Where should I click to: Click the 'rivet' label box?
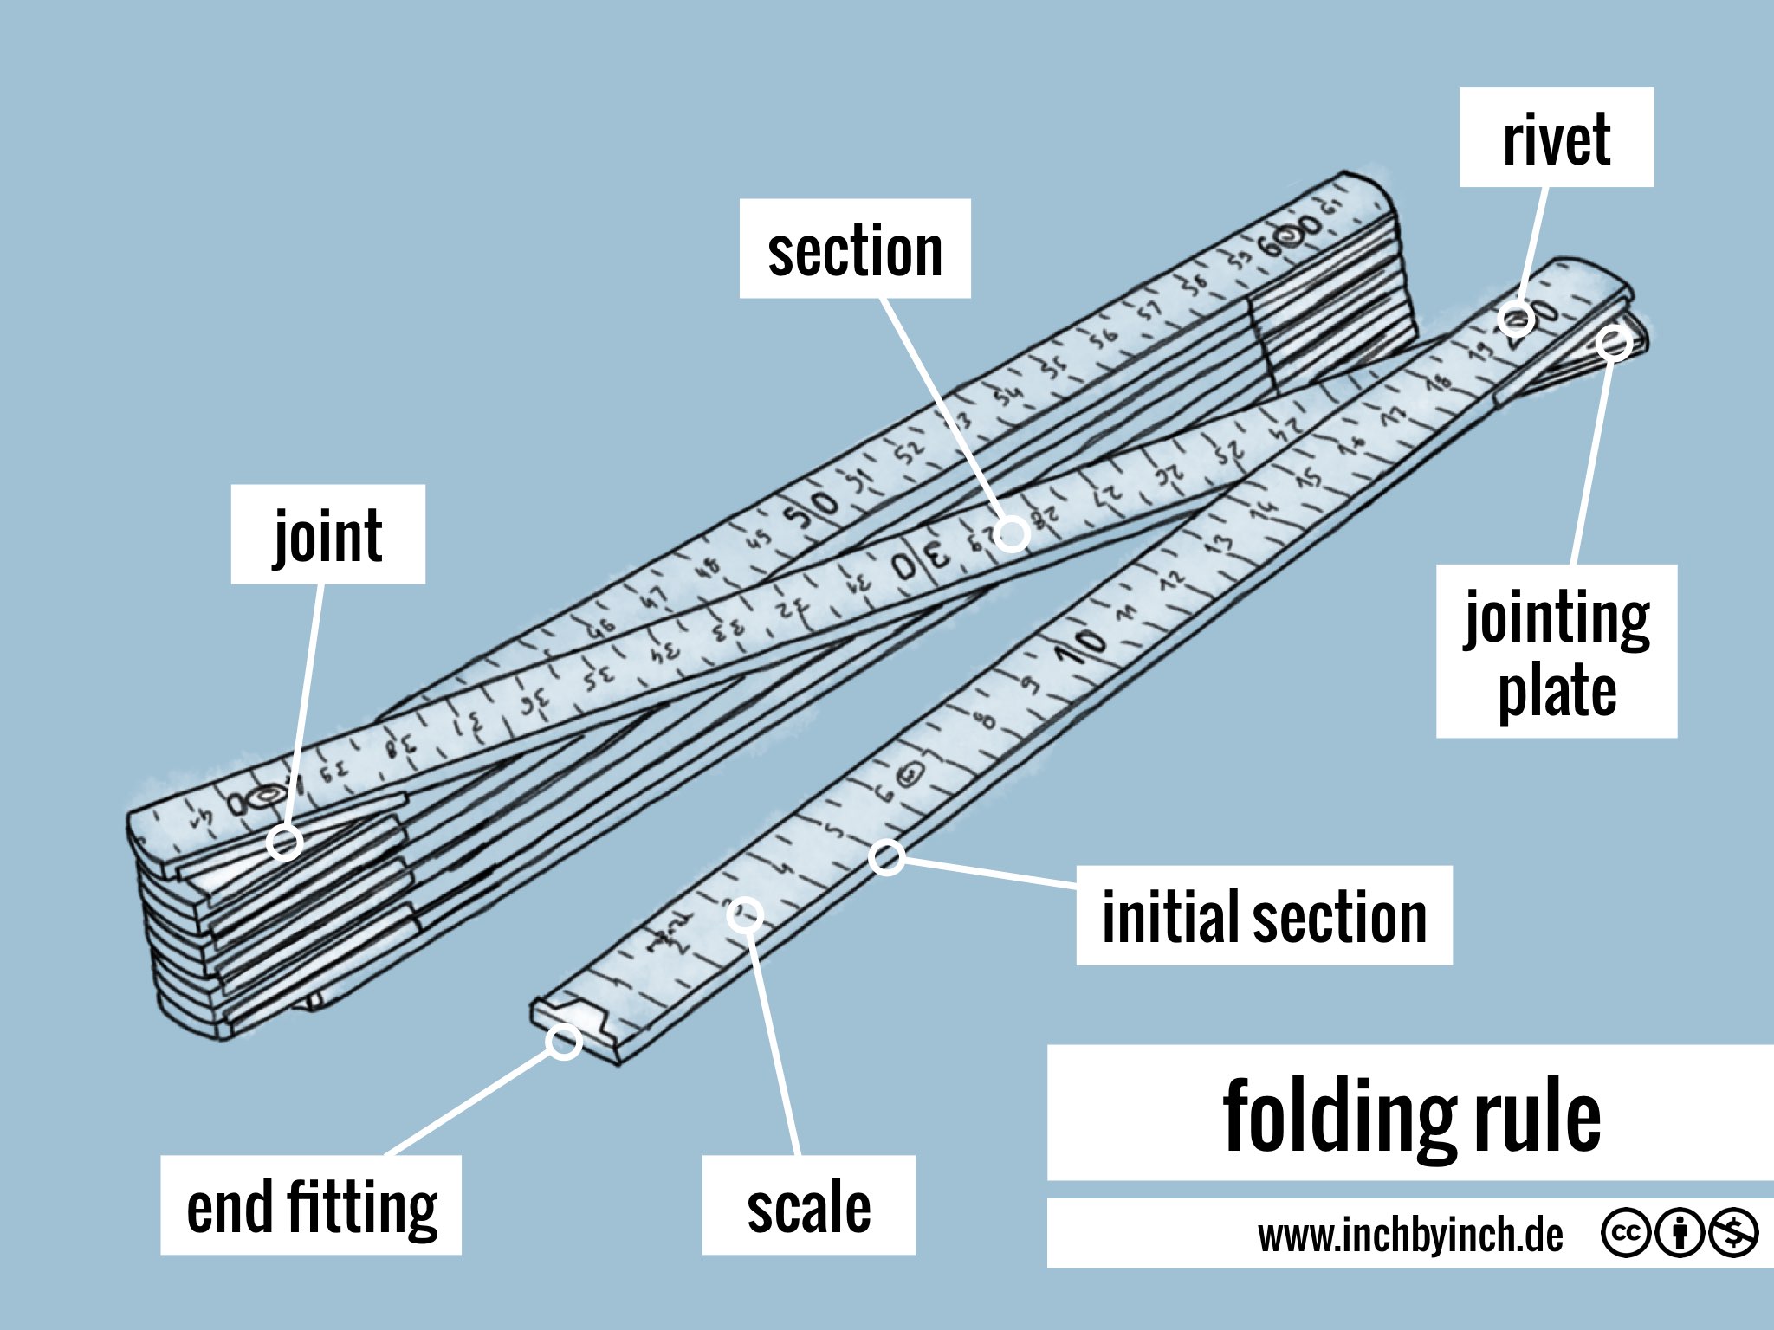pos(1556,138)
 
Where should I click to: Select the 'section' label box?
pos(854,249)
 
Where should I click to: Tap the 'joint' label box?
pos(327,534)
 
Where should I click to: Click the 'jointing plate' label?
pos(1556,651)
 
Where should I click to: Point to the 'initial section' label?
pos(1263,916)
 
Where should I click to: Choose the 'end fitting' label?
pos(311,1205)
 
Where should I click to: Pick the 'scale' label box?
pos(808,1205)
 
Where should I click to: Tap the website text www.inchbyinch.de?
pos(1410,1235)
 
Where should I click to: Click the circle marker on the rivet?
pos(1516,320)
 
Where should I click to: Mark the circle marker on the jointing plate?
pos(1613,344)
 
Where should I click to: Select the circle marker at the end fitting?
pos(564,1042)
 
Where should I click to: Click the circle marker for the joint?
pos(284,842)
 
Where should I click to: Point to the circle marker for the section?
pos(1012,534)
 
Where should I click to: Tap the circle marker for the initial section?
pos(887,857)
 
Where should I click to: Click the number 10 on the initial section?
pos(1081,644)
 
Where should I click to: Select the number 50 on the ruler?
pos(812,511)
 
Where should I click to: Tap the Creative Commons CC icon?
pos(1626,1232)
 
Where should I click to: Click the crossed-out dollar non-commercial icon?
pos(1733,1232)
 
